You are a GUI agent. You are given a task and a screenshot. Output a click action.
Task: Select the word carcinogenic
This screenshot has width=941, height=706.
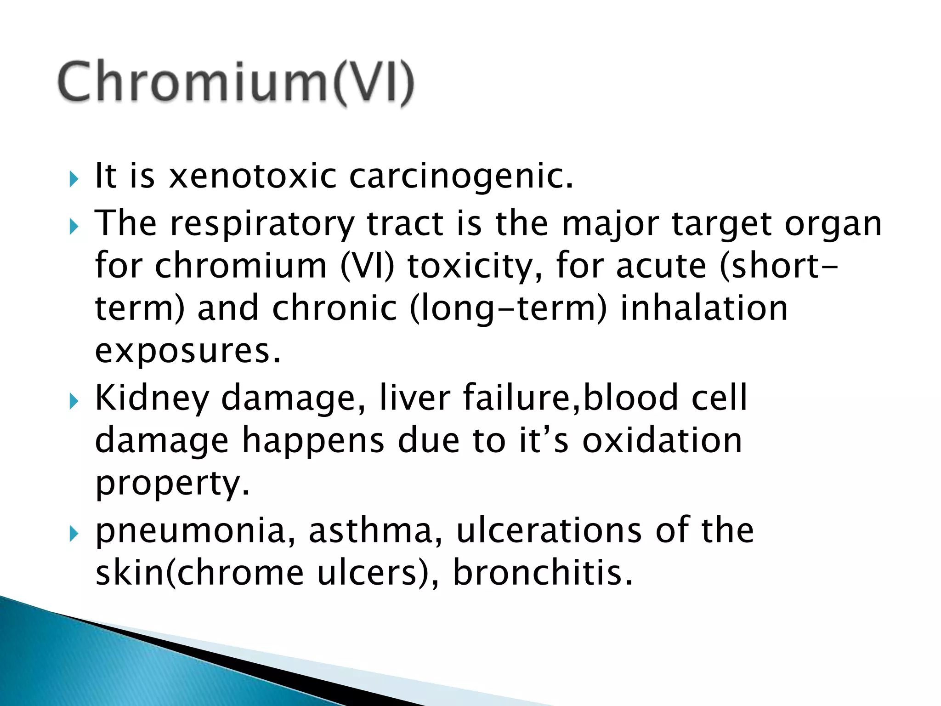[x=461, y=177]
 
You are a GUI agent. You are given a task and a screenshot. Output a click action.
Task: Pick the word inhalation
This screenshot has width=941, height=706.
[x=704, y=308]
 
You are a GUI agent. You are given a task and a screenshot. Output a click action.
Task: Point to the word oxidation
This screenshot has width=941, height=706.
[x=662, y=440]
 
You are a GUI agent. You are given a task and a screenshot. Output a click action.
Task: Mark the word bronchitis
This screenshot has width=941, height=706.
[x=543, y=573]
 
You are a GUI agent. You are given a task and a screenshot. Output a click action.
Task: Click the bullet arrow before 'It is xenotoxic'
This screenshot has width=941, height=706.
[x=74, y=179]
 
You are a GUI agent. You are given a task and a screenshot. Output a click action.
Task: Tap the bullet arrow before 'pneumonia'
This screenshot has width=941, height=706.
[x=74, y=534]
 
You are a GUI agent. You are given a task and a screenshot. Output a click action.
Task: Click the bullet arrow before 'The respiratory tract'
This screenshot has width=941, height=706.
[x=74, y=227]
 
